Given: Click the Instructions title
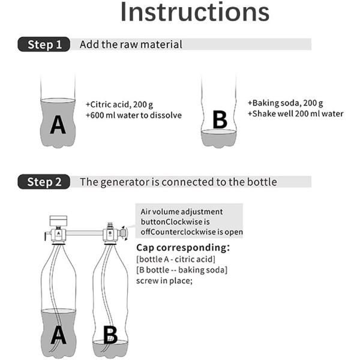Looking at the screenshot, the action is pos(194,12).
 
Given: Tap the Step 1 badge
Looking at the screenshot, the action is pos(44,44).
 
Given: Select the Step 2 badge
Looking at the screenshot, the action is pos(44,182).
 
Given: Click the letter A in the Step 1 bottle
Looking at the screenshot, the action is pos(58,125).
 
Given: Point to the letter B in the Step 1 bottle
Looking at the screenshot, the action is pos(220,119).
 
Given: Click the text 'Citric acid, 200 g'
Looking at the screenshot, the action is pos(121,104).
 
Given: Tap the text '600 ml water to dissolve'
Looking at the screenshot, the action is pos(136,115).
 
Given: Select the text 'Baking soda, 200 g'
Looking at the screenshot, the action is pos(287,103).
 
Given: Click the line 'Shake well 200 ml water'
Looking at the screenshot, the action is pos(298,113).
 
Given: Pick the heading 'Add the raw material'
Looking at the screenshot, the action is pos(131,44).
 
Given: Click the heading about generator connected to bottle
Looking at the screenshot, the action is pos(178,182).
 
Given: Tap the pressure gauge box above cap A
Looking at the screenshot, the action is pos(59,221).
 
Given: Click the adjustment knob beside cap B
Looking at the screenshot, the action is pos(123,233).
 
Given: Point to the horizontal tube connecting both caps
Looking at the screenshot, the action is pos(84,233).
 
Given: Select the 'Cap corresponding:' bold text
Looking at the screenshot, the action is pos(183,247).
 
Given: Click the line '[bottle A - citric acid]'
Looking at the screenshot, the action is pos(176,259).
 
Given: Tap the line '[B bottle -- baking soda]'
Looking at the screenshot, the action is pos(182,270).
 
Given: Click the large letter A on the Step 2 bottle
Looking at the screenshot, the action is pos(59,335).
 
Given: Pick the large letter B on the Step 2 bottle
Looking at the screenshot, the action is pos(110,335).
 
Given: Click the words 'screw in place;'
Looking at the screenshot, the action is pos(164,281).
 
